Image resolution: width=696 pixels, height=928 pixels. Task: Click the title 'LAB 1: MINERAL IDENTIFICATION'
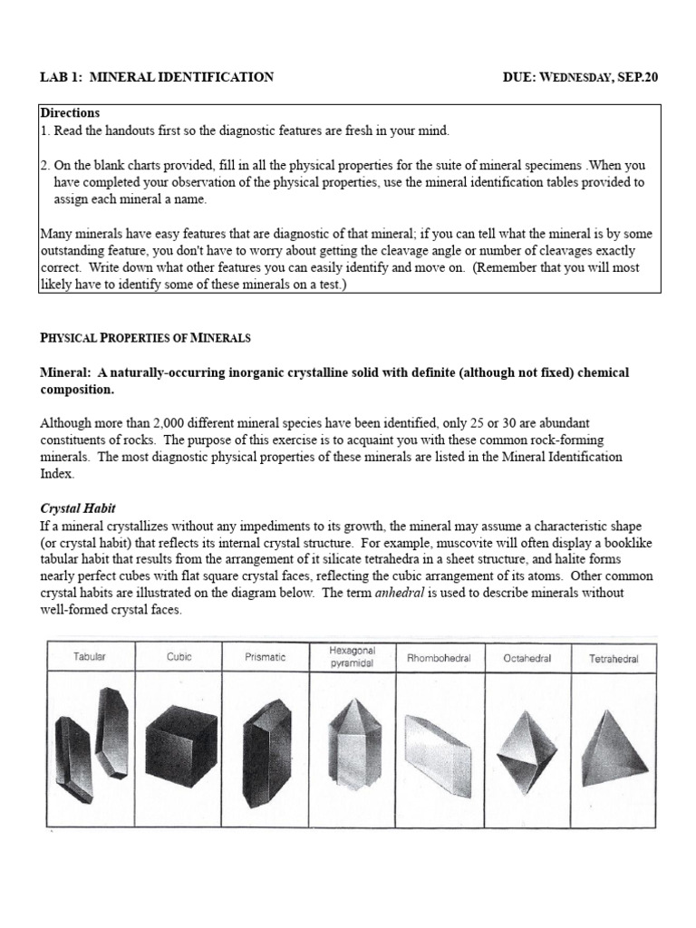click(156, 78)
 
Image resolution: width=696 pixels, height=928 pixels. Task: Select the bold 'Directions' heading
click(70, 113)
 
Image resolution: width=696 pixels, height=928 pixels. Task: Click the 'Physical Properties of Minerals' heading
click(145, 338)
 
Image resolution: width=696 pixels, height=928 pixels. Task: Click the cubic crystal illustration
click(179, 746)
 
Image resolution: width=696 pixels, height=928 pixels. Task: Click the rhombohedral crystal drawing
click(438, 750)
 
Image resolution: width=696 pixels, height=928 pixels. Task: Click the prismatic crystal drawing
click(266, 746)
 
